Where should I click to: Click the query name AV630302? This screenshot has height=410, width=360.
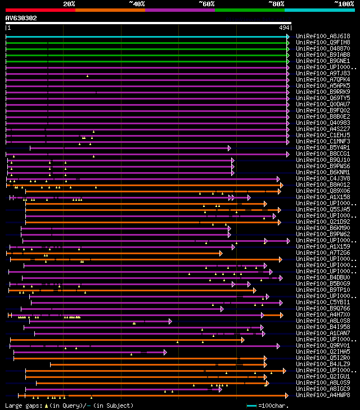tap(21, 18)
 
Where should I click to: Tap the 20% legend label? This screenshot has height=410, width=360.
tap(69, 4)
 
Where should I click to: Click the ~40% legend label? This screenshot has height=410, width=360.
tap(137, 4)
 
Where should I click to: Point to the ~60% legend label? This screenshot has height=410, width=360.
tap(206, 4)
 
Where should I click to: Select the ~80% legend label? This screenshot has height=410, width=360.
tap(276, 4)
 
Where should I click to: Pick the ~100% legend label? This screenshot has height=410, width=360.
tap(344, 4)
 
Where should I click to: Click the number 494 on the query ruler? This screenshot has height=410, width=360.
tap(285, 28)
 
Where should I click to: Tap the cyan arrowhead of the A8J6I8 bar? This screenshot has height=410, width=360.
tap(288, 36)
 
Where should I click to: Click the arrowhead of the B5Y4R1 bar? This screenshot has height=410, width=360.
tap(229, 147)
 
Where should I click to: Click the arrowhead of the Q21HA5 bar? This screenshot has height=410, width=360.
tap(165, 352)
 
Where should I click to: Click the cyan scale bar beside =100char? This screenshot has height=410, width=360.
tap(251, 405)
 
